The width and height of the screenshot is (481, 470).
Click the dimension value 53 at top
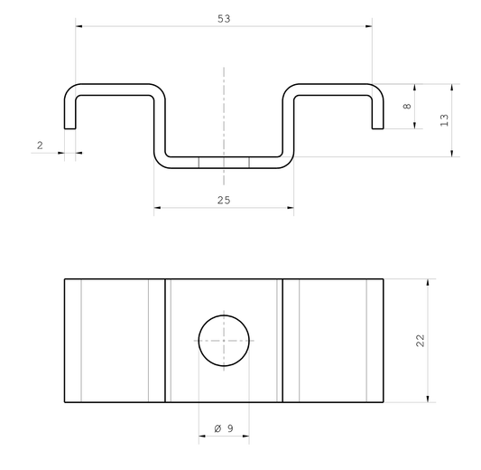point(224,18)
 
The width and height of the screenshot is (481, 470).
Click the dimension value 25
point(224,201)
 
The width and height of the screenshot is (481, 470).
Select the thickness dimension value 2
point(40,145)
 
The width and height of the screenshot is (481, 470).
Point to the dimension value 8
point(407,107)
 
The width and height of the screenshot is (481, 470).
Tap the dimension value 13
point(444,120)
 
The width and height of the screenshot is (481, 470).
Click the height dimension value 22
point(420,340)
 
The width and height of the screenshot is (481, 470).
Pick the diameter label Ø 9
point(223,428)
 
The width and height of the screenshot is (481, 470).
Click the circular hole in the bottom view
point(224,341)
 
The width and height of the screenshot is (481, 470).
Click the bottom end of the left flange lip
point(69,127)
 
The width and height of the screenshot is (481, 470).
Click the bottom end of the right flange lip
point(377,127)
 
